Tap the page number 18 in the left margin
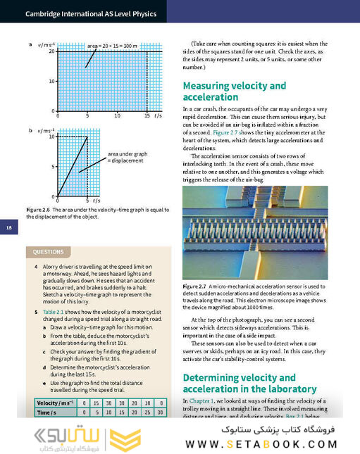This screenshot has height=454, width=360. pos(8,227)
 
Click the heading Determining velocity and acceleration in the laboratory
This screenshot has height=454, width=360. pos(249,384)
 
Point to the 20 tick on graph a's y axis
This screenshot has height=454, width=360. pos(51,52)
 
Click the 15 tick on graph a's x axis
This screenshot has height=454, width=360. pos(147,115)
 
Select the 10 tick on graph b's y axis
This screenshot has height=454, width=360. pos(51,137)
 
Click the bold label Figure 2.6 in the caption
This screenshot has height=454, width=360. pos(38,210)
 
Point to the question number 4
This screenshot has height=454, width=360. pos(35,268)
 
